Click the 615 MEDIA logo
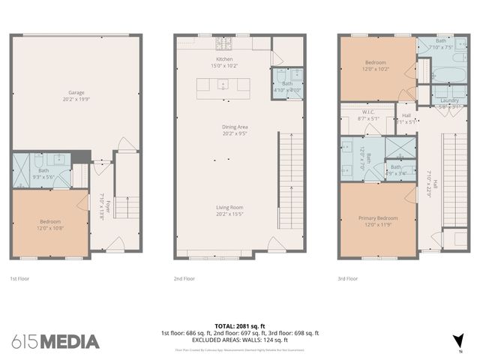point(55,342)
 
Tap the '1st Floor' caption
point(19,277)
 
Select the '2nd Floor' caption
point(184,277)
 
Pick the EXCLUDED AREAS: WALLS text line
point(240,340)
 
